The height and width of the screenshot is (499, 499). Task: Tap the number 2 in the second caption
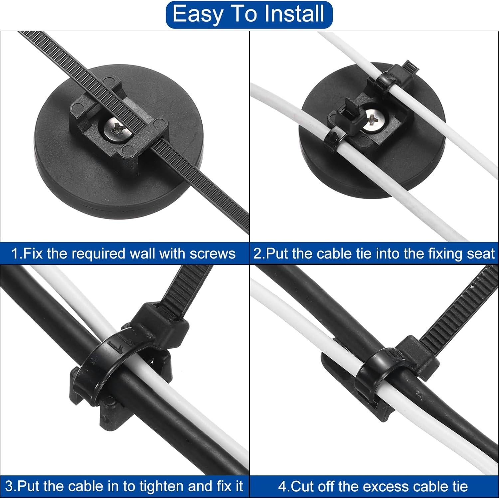point(257,254)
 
